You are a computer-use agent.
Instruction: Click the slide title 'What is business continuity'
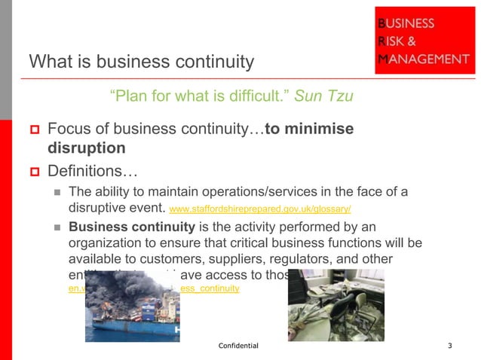click(x=141, y=61)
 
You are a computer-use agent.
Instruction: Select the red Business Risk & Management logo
click(x=424, y=41)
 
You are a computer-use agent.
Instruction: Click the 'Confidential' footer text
click(x=238, y=346)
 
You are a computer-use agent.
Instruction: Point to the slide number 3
click(x=449, y=346)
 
